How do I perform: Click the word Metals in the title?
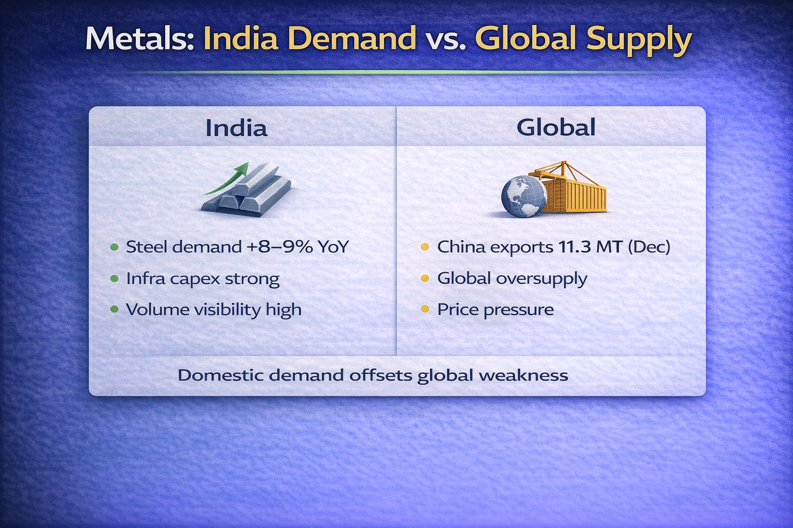click(x=139, y=38)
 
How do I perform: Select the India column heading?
click(x=236, y=127)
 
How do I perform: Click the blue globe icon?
click(x=524, y=196)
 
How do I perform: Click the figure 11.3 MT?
click(x=590, y=247)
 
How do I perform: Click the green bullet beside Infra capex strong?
click(x=114, y=278)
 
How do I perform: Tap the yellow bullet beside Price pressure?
click(x=425, y=309)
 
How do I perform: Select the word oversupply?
click(x=541, y=279)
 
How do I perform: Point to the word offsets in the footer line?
click(x=380, y=375)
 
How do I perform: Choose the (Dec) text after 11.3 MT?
click(x=649, y=247)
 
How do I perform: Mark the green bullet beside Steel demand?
click(x=114, y=247)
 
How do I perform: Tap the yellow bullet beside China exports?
click(x=425, y=247)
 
